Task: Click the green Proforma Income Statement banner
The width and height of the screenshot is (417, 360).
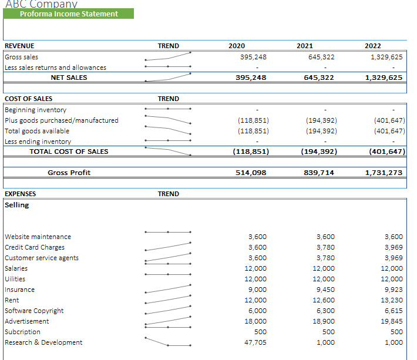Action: coord(68,14)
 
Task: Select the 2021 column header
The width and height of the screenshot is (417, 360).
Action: coord(305,46)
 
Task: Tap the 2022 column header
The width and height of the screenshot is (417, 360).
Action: coord(373,46)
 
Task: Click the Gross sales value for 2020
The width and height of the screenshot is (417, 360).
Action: coord(253,57)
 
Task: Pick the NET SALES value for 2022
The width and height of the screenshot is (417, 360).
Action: coord(384,78)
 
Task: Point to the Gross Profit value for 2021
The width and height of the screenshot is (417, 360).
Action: coord(319,173)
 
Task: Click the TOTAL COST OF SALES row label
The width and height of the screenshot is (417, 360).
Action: coord(69,152)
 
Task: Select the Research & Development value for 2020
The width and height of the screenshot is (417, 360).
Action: coord(255,342)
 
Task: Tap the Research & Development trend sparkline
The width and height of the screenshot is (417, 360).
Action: coord(168,342)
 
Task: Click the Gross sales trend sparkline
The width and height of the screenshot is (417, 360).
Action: coord(168,56)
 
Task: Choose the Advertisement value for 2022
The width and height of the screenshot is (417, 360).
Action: coord(392,321)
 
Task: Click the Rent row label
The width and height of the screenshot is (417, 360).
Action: coord(12,300)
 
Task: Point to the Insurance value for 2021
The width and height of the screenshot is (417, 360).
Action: coord(325,290)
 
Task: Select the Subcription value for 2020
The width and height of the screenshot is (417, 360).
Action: coord(260,332)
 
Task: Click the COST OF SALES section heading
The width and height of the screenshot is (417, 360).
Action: coord(28,99)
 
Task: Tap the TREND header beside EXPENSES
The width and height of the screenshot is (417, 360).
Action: coord(169,194)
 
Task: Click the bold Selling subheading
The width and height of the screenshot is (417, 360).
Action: coord(17,205)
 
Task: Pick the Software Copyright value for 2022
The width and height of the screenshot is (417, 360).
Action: coord(394,311)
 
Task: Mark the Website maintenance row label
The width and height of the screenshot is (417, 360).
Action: coord(38,237)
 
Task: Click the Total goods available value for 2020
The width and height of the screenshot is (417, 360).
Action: coord(253,131)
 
